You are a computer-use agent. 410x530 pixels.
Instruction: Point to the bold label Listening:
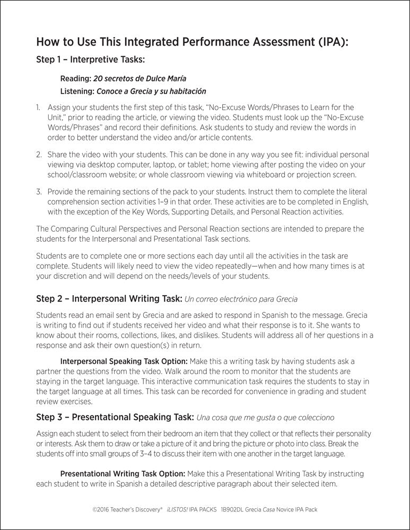(x=77, y=91)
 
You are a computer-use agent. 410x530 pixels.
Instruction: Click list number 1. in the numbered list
(x=38, y=108)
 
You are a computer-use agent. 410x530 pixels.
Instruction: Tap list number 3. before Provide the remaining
(x=38, y=191)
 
